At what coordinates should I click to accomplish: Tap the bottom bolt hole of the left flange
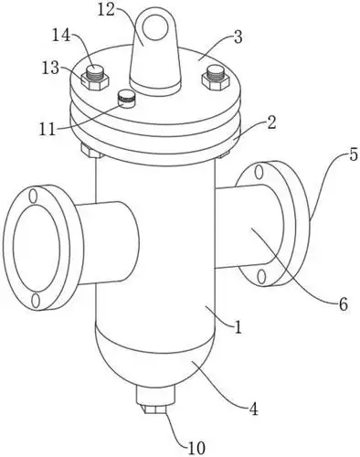(36, 300)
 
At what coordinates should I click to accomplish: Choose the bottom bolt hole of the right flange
(262, 275)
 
